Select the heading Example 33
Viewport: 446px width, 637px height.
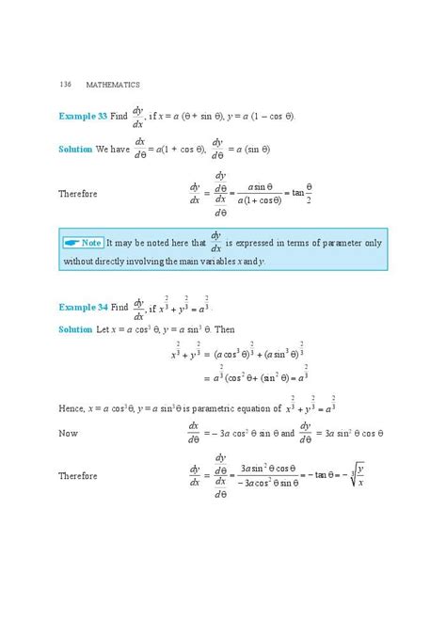[87, 117]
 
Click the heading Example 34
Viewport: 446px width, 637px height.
[87, 308]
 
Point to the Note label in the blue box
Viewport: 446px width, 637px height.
[92, 242]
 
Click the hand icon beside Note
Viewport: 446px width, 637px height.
[72, 242]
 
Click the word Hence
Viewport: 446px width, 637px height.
[72, 408]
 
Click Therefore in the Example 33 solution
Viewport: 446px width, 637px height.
[78, 194]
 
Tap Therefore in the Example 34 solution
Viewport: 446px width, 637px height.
[78, 476]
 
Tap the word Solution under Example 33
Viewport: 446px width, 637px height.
[75, 150]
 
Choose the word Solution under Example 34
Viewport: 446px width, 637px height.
[75, 330]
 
